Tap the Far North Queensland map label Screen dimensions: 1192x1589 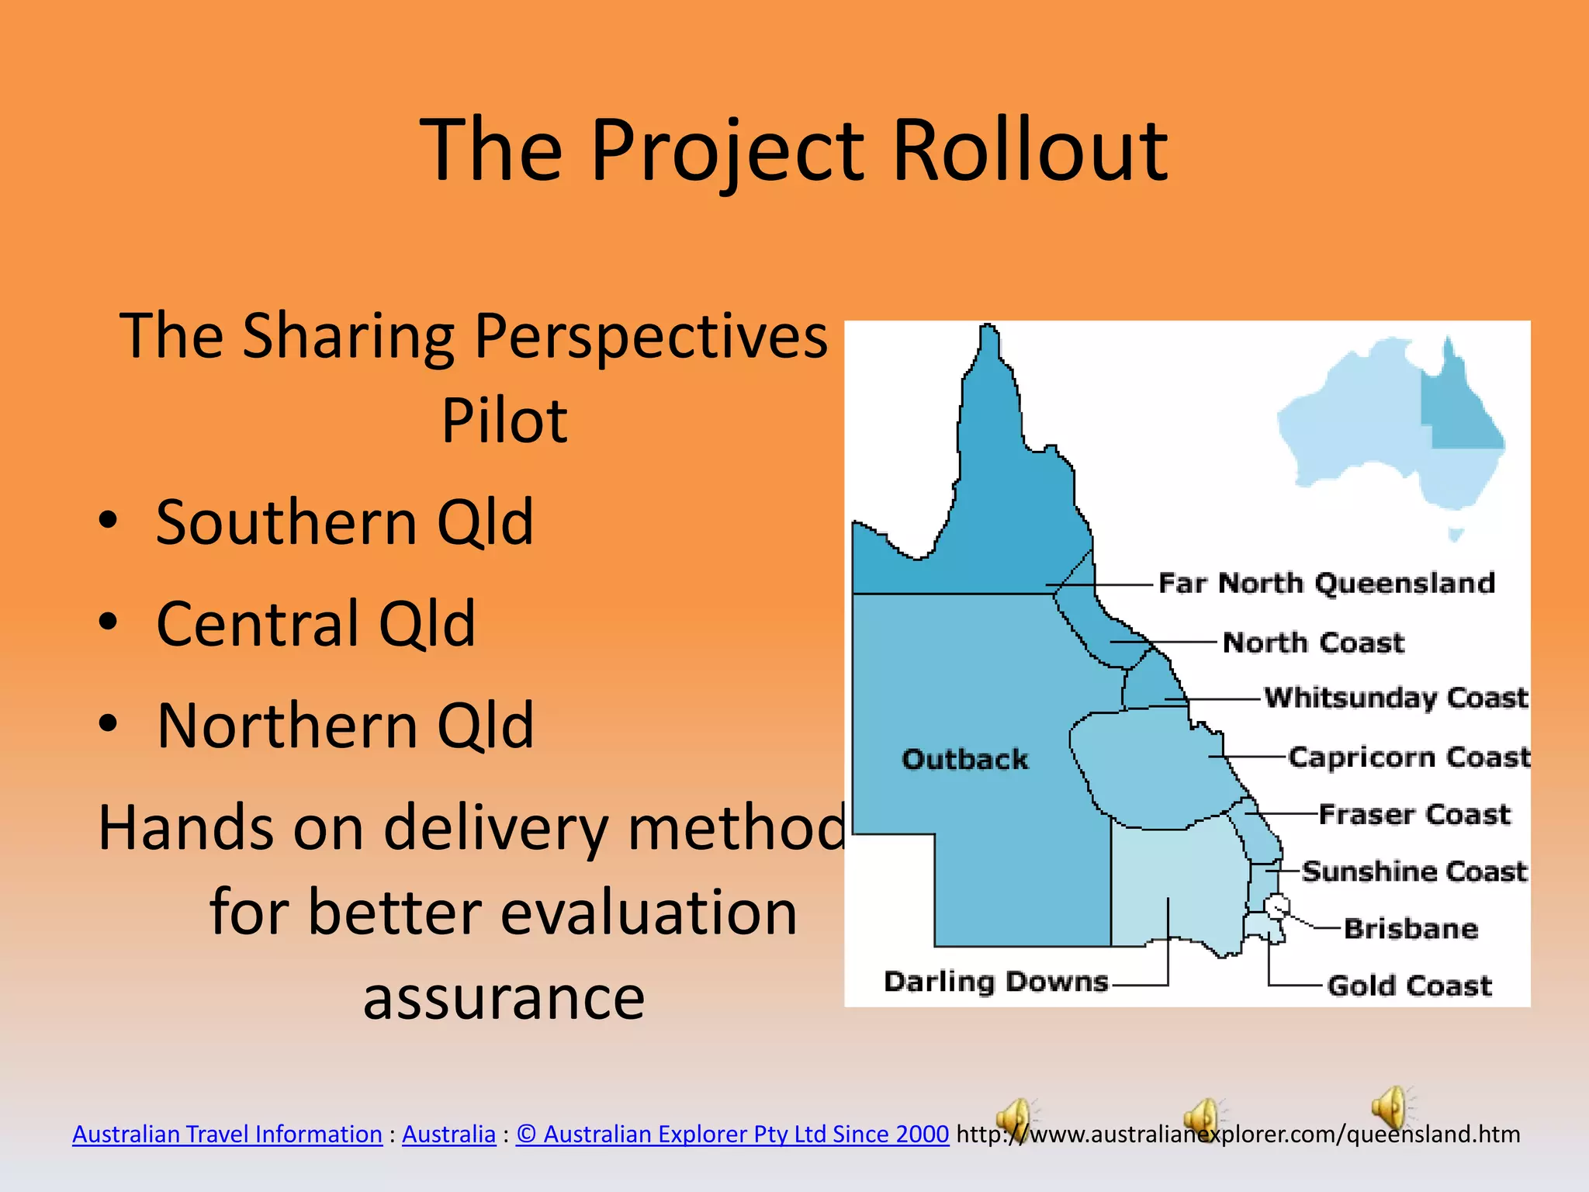(x=1326, y=583)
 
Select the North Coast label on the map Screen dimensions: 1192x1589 (x=1313, y=643)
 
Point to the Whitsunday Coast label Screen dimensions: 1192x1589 (x=1395, y=698)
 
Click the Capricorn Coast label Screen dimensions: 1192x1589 (x=1409, y=757)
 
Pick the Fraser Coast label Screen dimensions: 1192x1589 (x=1414, y=814)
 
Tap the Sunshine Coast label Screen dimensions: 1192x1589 (x=1414, y=871)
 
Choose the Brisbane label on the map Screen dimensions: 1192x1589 (x=1410, y=929)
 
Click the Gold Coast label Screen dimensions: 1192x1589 (x=1409, y=986)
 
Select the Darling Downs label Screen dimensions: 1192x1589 (x=995, y=982)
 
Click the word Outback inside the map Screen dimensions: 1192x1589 (x=964, y=759)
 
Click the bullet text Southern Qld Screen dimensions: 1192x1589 (x=344, y=522)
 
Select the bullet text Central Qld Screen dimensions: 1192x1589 (x=316, y=624)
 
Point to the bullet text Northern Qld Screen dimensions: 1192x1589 (x=344, y=726)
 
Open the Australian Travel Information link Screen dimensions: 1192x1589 (x=227, y=1134)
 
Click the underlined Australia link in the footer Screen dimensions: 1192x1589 (x=448, y=1134)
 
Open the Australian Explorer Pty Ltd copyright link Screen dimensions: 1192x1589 (x=732, y=1134)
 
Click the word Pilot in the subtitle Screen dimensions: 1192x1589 (x=504, y=421)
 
